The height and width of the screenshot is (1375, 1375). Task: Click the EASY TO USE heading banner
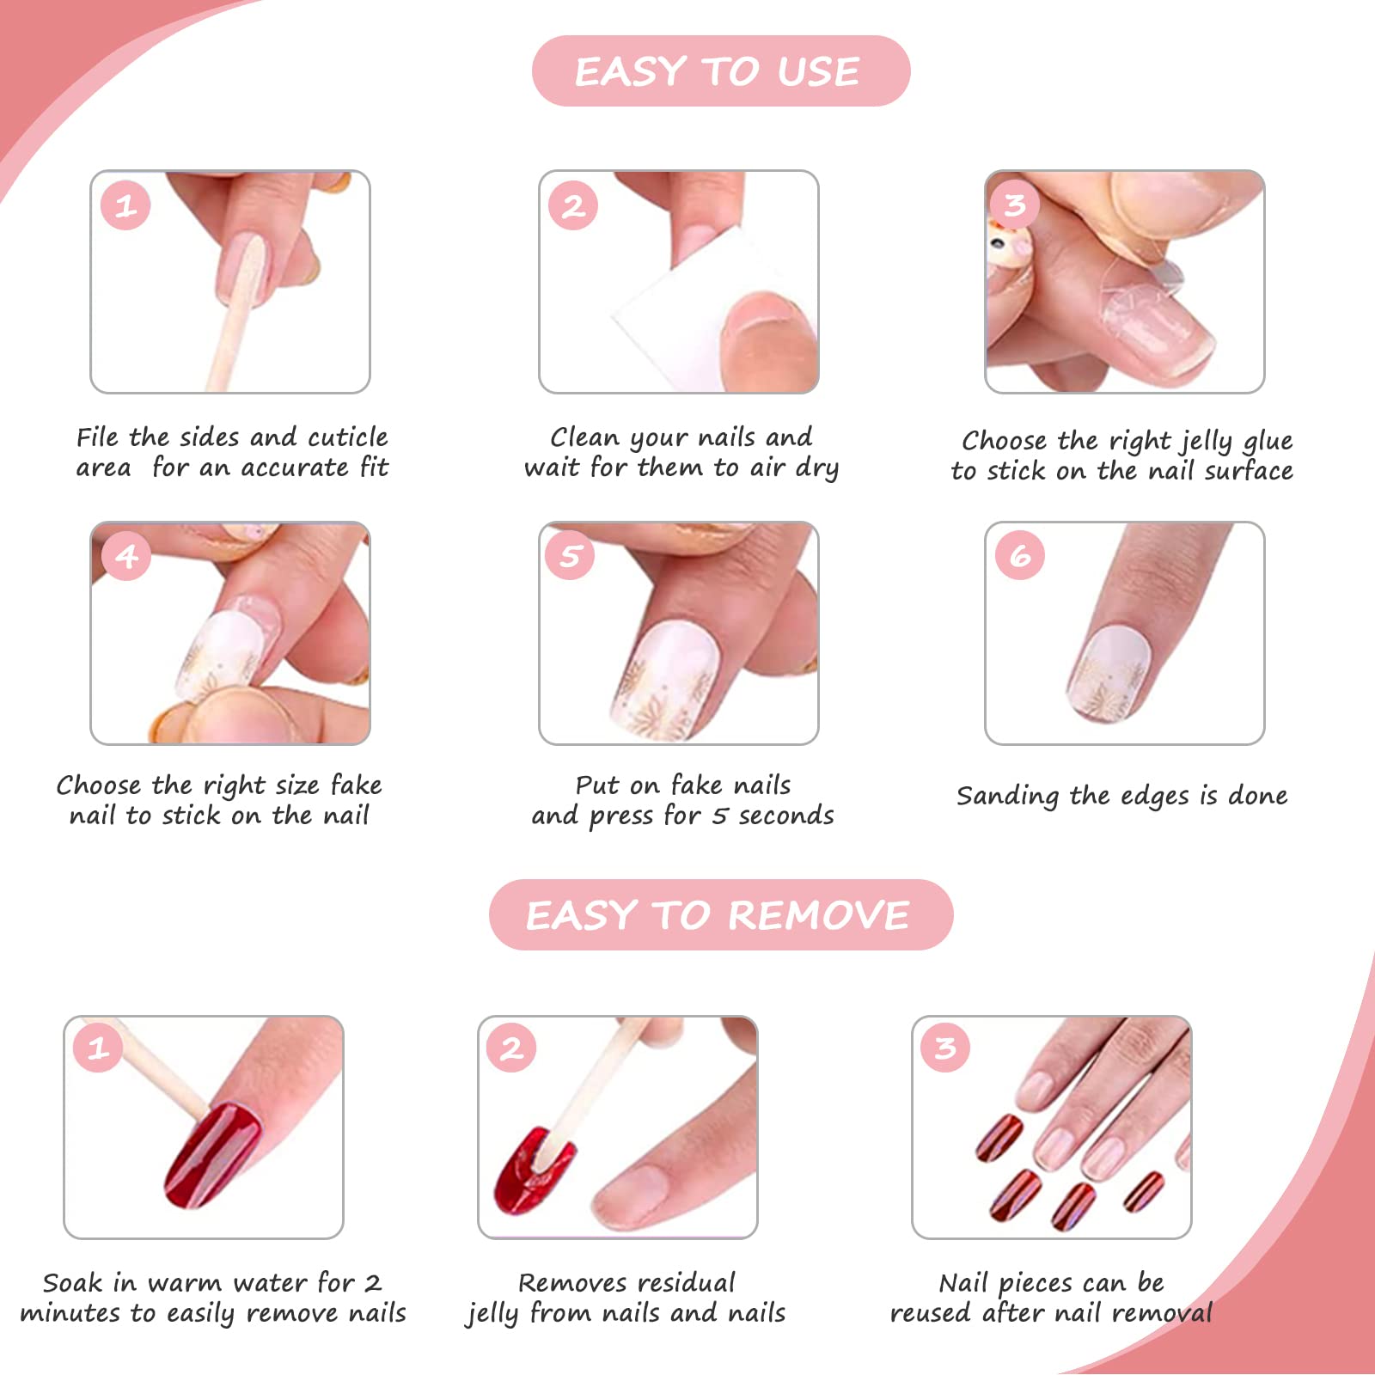point(721,70)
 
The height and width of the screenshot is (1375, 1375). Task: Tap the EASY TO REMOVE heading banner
point(721,914)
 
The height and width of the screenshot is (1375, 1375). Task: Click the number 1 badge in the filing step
point(125,205)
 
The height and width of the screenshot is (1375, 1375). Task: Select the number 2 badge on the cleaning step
point(573,205)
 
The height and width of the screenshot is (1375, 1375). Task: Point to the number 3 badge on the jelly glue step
point(1015,205)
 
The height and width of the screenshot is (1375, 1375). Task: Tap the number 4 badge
point(126,555)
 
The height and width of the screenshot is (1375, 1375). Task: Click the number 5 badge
point(571,555)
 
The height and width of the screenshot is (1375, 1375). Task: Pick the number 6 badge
point(1020,555)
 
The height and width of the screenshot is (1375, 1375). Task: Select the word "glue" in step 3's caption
point(1267,442)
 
